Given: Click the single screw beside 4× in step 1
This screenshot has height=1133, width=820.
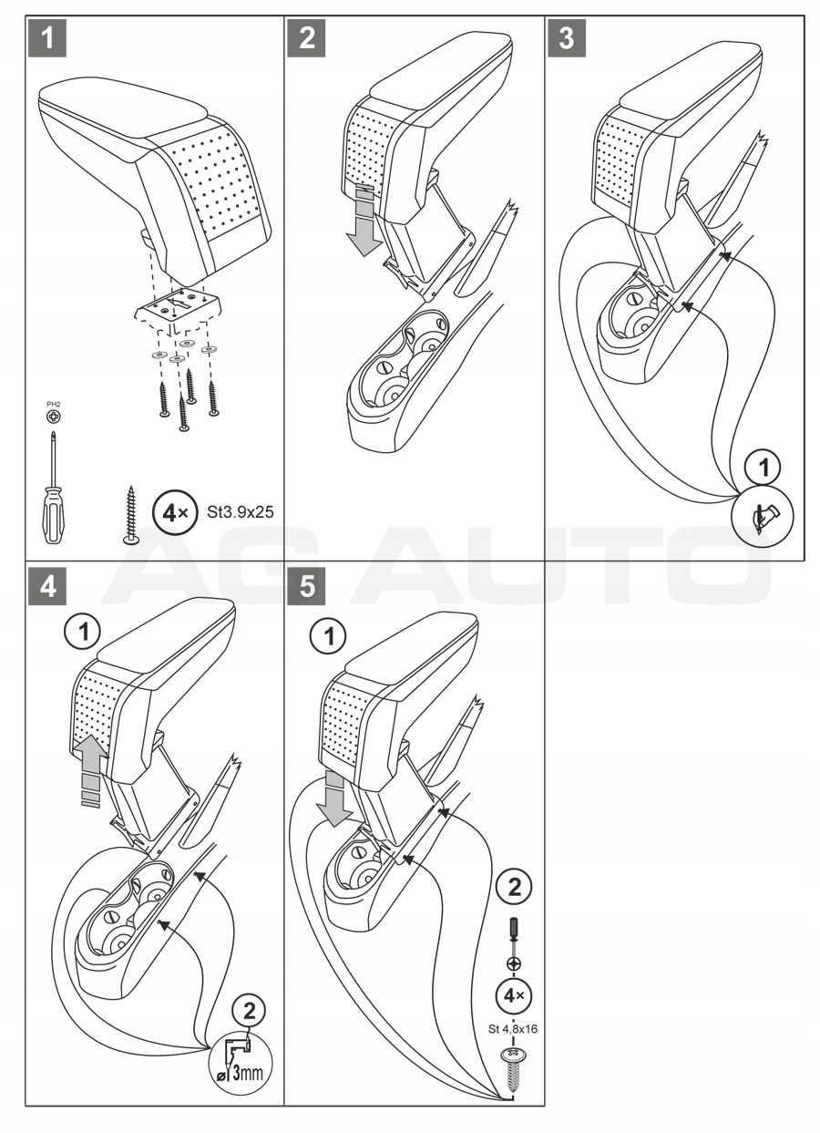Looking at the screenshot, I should [x=131, y=514].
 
